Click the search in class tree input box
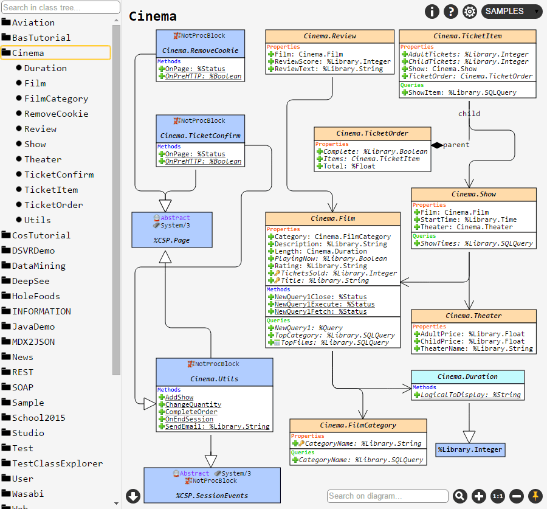(60, 7)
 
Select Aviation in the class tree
(33, 23)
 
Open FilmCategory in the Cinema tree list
(56, 99)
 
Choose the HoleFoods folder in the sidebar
(36, 296)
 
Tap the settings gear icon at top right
(470, 11)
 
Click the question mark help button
(450, 11)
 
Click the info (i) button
(432, 11)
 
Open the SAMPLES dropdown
(511, 11)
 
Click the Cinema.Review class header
(329, 36)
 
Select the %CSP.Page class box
(172, 229)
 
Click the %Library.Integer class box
(470, 450)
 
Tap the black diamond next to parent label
(437, 145)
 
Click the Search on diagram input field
(387, 496)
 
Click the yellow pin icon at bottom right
(535, 496)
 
